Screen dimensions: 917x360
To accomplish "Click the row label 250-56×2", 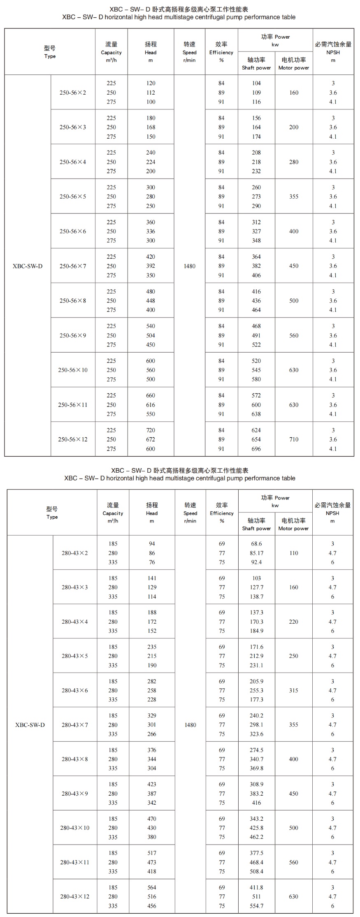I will (x=73, y=93).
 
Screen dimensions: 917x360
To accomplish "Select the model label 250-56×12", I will (x=73, y=439).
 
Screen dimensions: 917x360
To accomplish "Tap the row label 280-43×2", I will (x=75, y=553).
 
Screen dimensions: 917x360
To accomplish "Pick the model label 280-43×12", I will (x=75, y=896).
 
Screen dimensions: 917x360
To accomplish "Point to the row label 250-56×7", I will (x=73, y=266).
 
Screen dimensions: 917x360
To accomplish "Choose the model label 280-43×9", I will (x=75, y=794).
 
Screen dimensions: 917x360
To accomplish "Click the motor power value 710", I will (x=294, y=439).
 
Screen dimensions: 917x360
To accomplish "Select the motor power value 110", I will (x=293, y=553).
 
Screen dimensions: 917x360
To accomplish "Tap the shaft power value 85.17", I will (x=256, y=553).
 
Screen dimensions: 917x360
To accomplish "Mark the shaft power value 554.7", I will (x=256, y=906).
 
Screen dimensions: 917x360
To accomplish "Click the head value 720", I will (x=151, y=430).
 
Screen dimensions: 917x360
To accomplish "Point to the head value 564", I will (x=152, y=887).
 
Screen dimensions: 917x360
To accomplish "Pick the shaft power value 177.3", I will (x=256, y=699).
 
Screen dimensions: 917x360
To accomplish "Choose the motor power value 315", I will (x=293, y=690).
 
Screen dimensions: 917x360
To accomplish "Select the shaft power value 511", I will (x=256, y=896).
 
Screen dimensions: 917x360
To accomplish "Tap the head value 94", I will (x=152, y=544).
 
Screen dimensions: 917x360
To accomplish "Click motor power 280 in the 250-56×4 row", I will (x=294, y=162).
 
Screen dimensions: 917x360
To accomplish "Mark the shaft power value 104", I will (x=256, y=83).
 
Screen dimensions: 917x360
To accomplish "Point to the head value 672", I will (x=151, y=439).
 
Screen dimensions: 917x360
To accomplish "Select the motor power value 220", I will (x=293, y=622).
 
